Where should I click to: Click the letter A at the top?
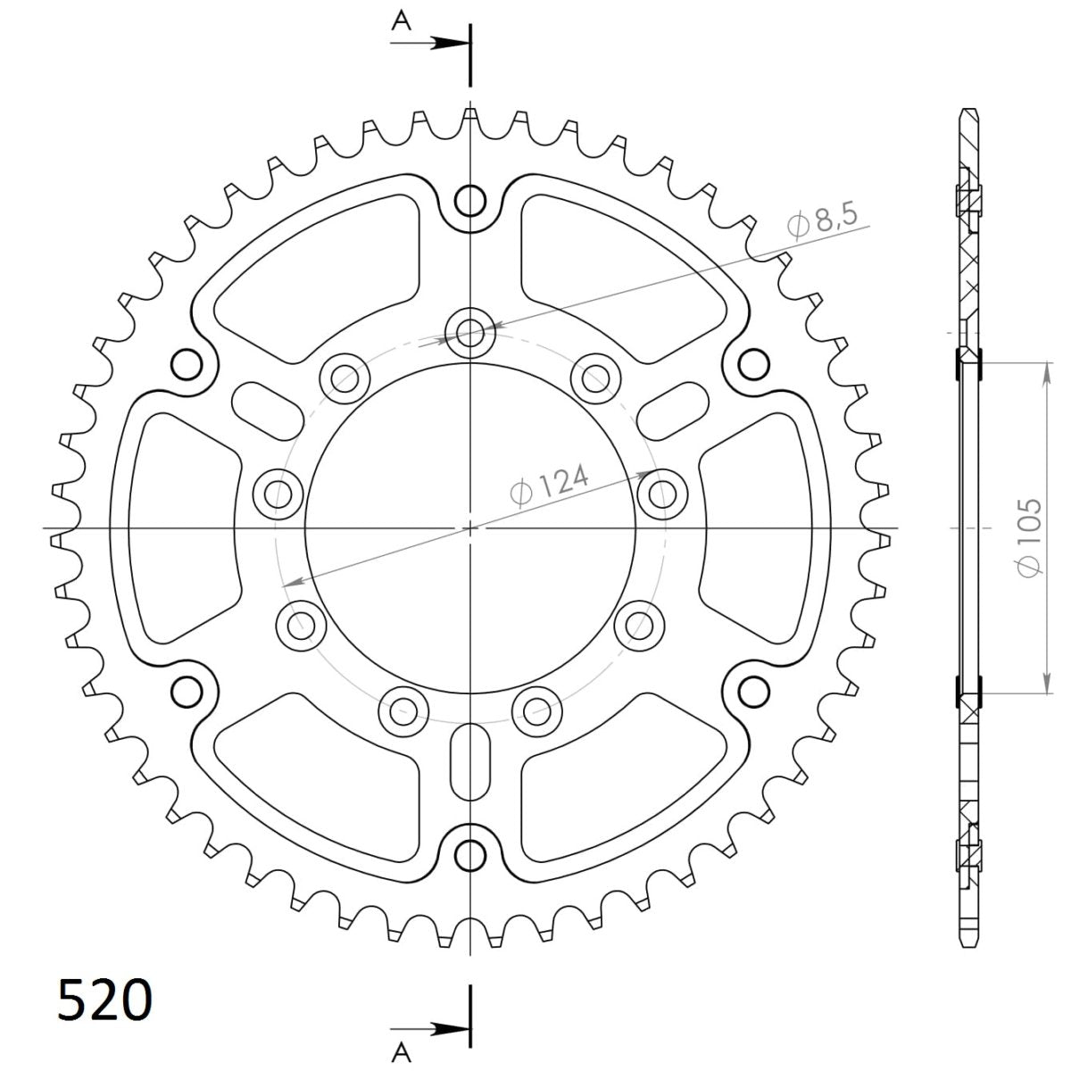403,21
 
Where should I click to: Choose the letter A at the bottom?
403,1047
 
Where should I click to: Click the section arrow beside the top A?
446,42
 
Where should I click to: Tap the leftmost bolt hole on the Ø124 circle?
279,491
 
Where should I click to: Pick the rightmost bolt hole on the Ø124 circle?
661,491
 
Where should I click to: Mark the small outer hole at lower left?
187,691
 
